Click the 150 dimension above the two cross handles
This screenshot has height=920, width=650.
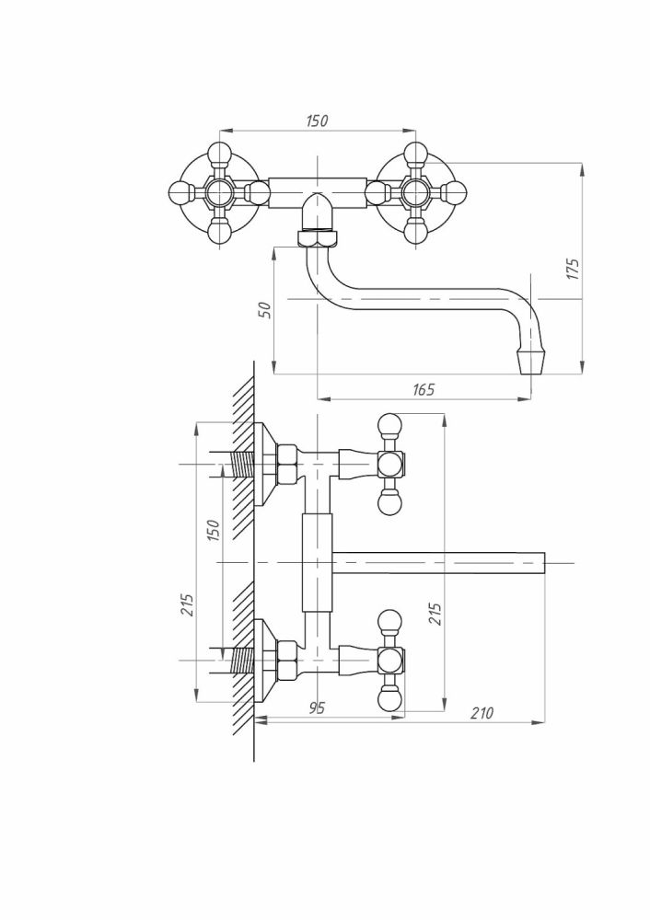click(x=317, y=121)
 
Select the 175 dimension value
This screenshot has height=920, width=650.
click(x=573, y=269)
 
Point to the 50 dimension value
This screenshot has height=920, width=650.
click(x=265, y=309)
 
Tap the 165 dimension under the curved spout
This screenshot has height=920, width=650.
click(x=423, y=389)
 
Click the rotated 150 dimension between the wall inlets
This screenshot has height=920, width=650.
click(x=213, y=531)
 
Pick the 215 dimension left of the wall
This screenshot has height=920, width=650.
click(x=187, y=605)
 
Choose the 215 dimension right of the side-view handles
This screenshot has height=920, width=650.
click(x=435, y=614)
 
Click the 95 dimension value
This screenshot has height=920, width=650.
click(x=316, y=707)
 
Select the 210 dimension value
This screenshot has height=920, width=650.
click(x=482, y=713)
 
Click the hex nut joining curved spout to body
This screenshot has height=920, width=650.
click(x=318, y=238)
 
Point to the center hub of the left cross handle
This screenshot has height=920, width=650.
click(x=218, y=192)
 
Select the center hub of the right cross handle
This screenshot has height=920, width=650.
click(x=416, y=192)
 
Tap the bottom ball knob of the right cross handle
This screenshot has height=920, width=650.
click(x=416, y=231)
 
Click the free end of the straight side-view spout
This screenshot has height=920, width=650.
click(x=544, y=563)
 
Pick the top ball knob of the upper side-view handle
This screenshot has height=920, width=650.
click(x=389, y=425)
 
